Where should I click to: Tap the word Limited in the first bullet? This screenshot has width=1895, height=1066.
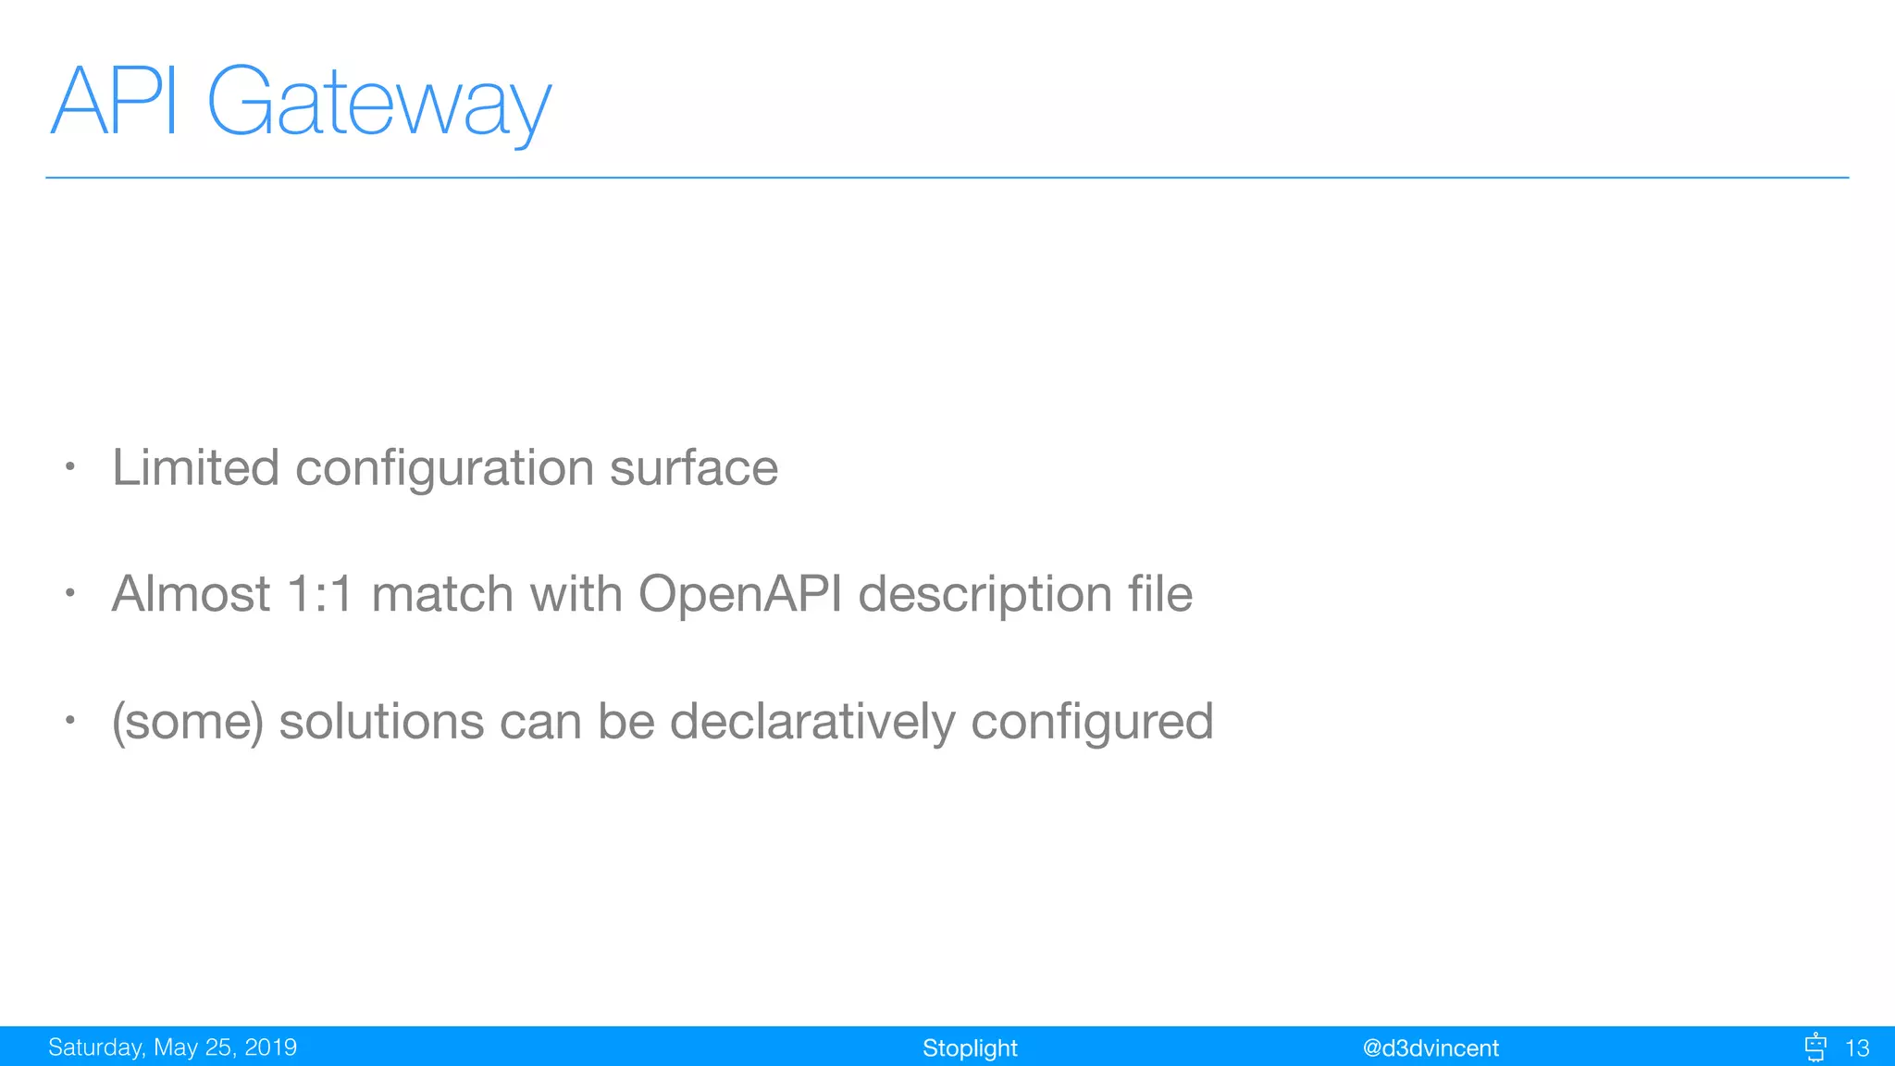tap(195, 467)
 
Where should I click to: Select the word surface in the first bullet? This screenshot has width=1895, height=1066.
tap(693, 467)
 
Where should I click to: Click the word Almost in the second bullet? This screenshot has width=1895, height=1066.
tap(191, 593)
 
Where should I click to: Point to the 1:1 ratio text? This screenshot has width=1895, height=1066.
tap(320, 593)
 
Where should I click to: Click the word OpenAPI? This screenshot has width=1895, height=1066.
tap(739, 593)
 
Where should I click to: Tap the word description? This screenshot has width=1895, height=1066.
tap(985, 595)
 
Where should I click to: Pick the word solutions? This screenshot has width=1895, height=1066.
tap(381, 721)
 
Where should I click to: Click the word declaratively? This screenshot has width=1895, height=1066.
tap(811, 722)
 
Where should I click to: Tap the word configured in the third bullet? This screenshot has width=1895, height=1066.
tap(1092, 723)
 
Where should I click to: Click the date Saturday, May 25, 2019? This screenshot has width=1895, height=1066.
tap(172, 1047)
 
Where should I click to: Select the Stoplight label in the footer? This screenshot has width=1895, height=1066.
tap(970, 1048)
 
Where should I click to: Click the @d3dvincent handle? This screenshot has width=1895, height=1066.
tap(1431, 1048)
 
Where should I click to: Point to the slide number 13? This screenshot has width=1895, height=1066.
tap(1857, 1048)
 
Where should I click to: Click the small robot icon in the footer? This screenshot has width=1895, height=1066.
tap(1815, 1047)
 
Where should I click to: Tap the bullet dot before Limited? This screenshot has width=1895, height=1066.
tap(69, 467)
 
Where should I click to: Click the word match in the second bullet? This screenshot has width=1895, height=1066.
tap(442, 593)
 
